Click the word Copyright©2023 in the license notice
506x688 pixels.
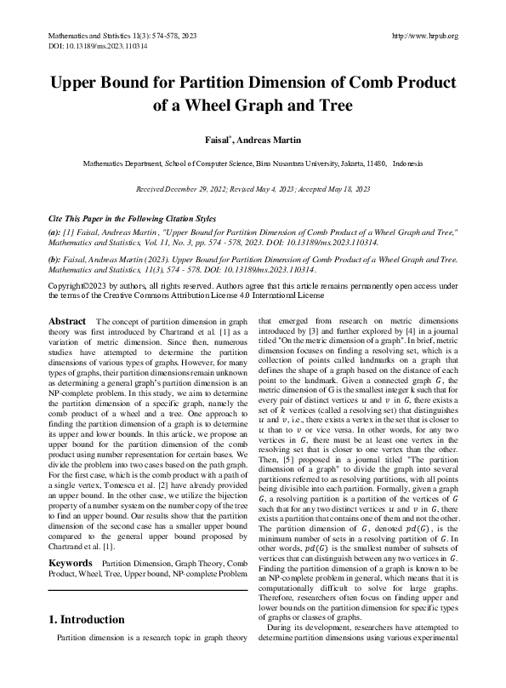coord(82,285)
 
